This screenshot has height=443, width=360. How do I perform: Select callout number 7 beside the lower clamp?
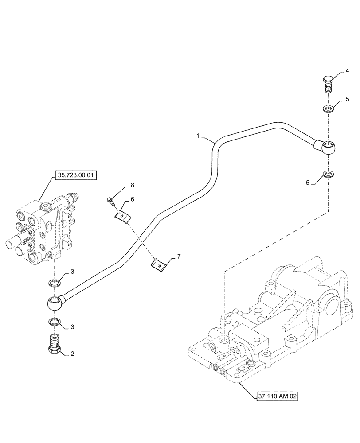[x=174, y=256]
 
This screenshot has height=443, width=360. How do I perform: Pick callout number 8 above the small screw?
[x=119, y=184]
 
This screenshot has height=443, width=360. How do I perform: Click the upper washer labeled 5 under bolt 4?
[x=328, y=109]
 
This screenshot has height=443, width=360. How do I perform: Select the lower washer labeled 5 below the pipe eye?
[x=328, y=173]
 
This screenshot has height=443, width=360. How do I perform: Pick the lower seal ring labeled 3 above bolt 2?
[x=55, y=322]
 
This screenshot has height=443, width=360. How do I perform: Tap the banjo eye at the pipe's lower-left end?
[x=55, y=303]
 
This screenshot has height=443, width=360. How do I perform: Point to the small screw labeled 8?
[x=111, y=202]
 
